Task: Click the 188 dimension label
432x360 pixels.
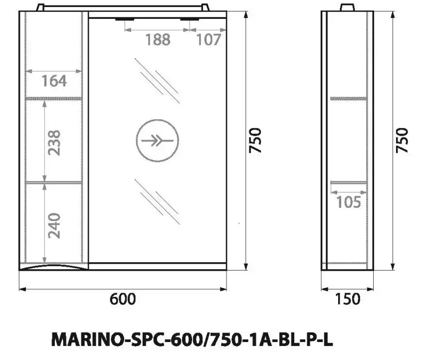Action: (x=158, y=39)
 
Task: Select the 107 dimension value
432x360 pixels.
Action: (x=208, y=39)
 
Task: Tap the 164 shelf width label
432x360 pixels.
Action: (x=54, y=80)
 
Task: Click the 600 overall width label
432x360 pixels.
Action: (x=122, y=299)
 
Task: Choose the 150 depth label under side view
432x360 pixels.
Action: (x=347, y=299)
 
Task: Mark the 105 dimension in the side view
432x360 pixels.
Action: (x=348, y=202)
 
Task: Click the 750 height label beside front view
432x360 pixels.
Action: (x=255, y=141)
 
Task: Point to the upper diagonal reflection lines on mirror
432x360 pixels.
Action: (x=157, y=80)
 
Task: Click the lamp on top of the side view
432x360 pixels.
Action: (x=348, y=7)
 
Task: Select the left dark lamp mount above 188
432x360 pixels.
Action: (x=128, y=19)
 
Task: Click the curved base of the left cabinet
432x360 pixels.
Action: (x=54, y=268)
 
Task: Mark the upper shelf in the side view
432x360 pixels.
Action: (x=348, y=98)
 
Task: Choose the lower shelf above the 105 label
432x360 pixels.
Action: (x=348, y=182)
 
